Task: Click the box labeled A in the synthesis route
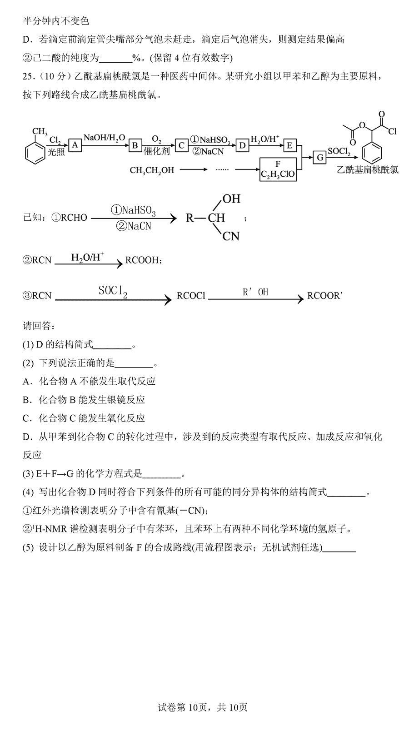(75, 145)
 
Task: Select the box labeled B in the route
(135, 145)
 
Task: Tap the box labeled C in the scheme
(181, 145)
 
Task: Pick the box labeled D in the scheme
(242, 145)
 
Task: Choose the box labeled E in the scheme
(289, 145)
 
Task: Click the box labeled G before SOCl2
(320, 158)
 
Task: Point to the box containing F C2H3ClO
(278, 169)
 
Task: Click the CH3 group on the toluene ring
(40, 132)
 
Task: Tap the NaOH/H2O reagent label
(105, 138)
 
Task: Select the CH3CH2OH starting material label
(152, 170)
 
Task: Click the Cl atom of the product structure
(392, 132)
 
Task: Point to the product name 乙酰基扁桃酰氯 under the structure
(368, 169)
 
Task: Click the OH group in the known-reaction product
(231, 199)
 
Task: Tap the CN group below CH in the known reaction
(231, 236)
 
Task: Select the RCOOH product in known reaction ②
(142, 261)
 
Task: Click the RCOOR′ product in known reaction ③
(324, 296)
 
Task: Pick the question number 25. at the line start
(28, 76)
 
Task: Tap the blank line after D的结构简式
(112, 348)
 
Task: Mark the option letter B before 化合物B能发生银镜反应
(26, 400)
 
